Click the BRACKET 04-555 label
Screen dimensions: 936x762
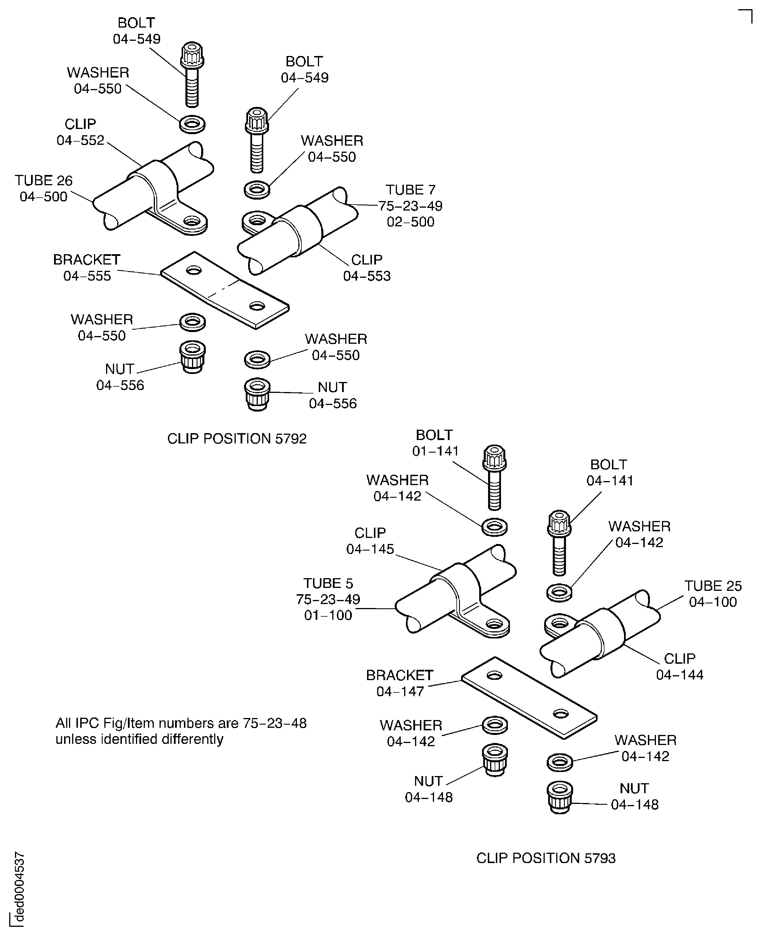click(87, 268)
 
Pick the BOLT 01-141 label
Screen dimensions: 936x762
click(435, 443)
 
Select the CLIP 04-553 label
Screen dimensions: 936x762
click(366, 268)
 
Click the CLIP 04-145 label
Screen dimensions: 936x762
click(370, 541)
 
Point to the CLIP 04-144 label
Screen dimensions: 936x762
click(680, 666)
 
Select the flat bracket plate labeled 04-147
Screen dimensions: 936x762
click(529, 697)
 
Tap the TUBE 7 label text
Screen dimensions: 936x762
click(410, 190)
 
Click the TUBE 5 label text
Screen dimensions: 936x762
click(328, 583)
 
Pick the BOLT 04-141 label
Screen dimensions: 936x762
click(609, 472)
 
